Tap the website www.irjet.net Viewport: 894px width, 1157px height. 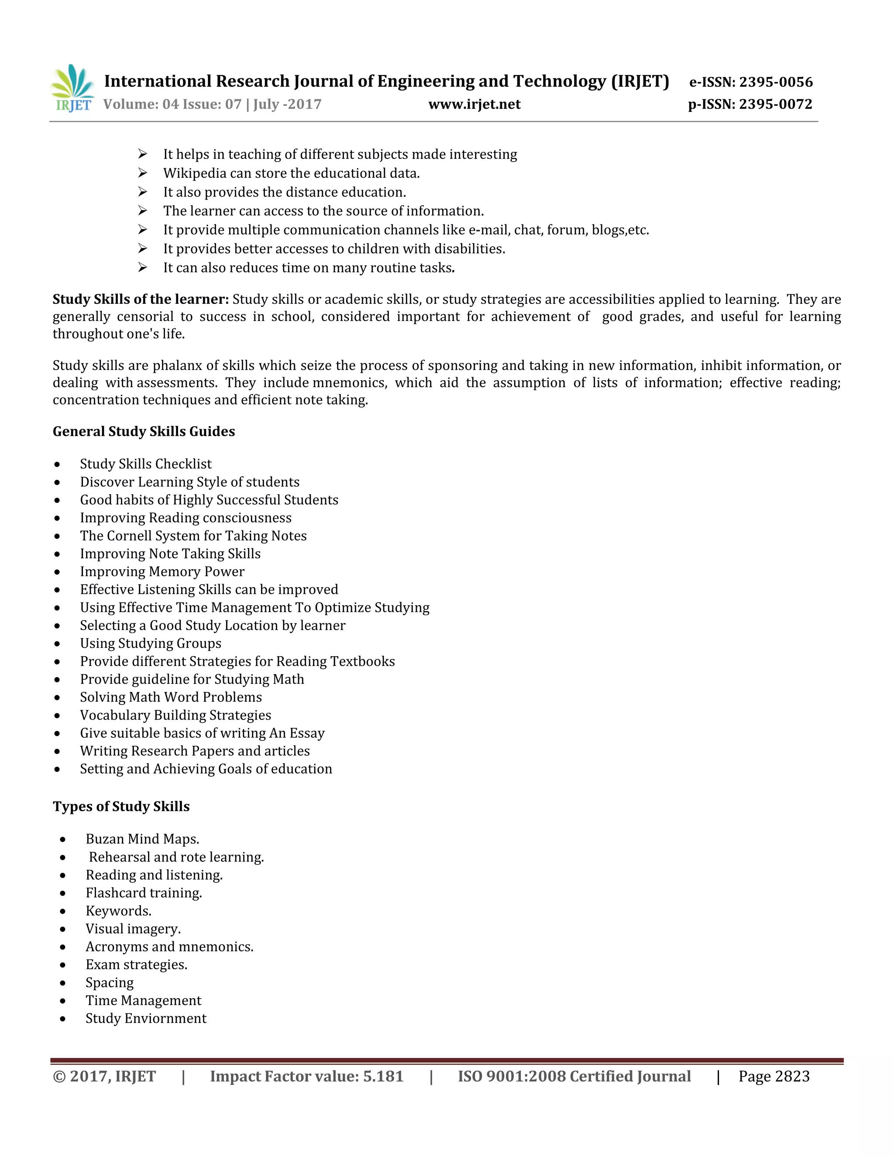(474, 104)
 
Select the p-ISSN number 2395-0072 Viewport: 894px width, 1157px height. (775, 104)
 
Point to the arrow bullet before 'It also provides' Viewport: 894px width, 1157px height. (142, 192)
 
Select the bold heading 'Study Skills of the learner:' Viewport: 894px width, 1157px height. (141, 300)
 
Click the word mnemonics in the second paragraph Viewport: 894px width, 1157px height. (350, 382)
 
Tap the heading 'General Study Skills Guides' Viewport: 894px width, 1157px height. (144, 432)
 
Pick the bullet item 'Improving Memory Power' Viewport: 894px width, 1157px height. (162, 572)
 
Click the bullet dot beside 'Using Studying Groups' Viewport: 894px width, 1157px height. (57, 644)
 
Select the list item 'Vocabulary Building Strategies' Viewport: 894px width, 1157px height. (175, 715)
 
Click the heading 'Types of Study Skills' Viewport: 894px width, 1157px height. (121, 807)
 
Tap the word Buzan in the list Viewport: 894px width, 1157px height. (104, 839)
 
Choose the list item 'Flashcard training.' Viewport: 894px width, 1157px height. (144, 893)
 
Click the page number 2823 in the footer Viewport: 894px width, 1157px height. (792, 1077)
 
